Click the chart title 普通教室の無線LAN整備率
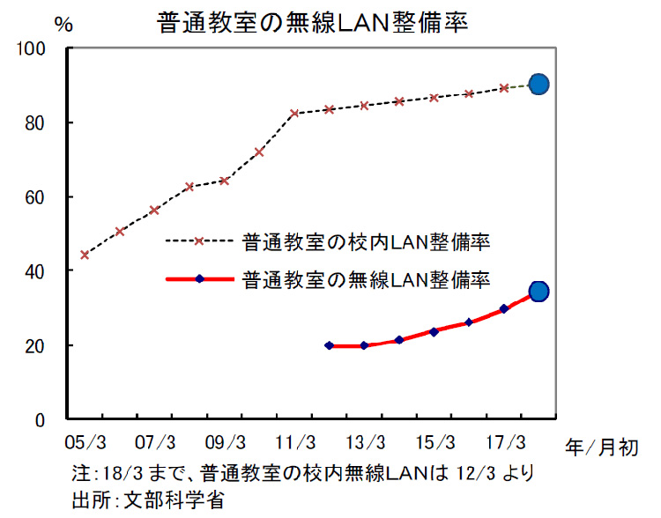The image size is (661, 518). coord(312,22)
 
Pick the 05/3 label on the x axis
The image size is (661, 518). coord(85,440)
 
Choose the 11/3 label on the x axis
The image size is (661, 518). coord(294,440)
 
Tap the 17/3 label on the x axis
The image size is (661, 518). coord(503,440)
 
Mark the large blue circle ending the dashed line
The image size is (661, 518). coord(539,84)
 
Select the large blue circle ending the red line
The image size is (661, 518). coord(539,291)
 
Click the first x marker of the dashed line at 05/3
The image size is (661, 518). coord(85,255)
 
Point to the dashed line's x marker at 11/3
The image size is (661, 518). coord(294,113)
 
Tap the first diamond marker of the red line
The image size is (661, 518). coord(329,345)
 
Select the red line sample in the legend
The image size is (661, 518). coord(199,279)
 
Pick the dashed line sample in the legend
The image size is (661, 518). coord(199,240)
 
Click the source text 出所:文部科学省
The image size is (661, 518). coord(147,500)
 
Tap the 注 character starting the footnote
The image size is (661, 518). coord(81,473)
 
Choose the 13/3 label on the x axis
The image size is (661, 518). coord(364,440)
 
